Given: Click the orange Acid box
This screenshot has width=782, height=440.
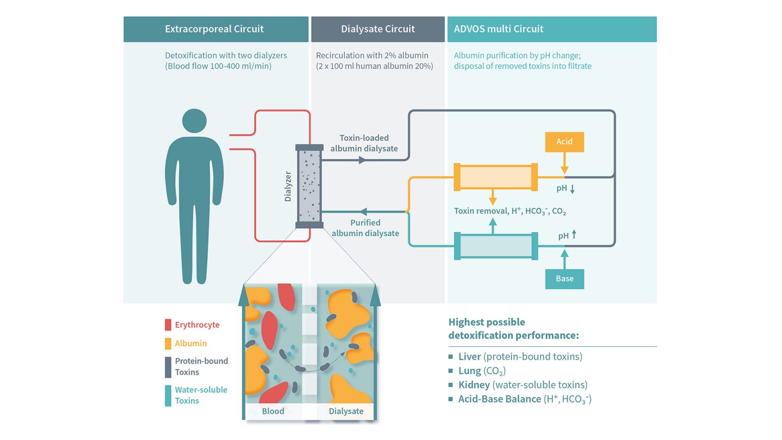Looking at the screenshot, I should pos(564,142).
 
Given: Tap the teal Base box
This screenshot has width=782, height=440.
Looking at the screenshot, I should pos(564,279).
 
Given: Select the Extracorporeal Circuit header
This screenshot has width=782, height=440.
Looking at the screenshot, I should pos(214,29).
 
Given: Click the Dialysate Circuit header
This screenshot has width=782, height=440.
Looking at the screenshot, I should pos(378,29).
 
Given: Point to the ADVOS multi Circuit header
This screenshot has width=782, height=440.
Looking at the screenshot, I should pos(498,29).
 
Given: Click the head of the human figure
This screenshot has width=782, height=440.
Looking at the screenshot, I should pos(194,121).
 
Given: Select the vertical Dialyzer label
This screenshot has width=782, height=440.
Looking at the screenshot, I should pos(288,186).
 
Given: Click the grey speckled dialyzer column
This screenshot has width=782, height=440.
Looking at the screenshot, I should pos(310,186).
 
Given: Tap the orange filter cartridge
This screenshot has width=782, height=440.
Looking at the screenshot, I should pos(495,177).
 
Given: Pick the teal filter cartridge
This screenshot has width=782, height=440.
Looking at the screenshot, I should pos(495,246).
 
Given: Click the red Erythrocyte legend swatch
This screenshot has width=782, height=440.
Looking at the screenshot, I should pos(168,325).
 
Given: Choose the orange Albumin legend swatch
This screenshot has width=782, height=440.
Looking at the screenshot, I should pos(168,344).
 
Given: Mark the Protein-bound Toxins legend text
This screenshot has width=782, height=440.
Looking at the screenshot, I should pos(201,367).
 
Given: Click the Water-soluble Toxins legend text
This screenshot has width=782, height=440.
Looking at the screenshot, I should pos(201,395).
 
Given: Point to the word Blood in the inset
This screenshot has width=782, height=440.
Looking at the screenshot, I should pos(273,411).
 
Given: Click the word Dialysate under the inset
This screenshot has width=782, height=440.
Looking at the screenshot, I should pos(346,411).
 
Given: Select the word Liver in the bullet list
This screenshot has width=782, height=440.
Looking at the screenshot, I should pos(469,356).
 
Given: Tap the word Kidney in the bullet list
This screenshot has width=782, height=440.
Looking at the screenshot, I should pos(474,385).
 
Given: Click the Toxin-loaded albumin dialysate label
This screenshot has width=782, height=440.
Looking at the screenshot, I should pos(364,143).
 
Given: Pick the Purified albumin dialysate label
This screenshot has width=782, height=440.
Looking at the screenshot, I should pos(366,228).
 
